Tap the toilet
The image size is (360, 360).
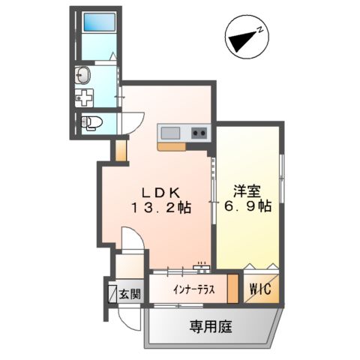pyautogui.click(x=92, y=123)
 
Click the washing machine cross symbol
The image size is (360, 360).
pyautogui.click(x=85, y=98)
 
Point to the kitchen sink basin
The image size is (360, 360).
pyautogui.click(x=171, y=133)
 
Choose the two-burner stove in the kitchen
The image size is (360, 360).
pyautogui.click(x=199, y=133)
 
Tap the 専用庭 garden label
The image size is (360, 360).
pyautogui.click(x=210, y=327)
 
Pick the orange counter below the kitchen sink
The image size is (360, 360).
pyautogui.click(x=172, y=147)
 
